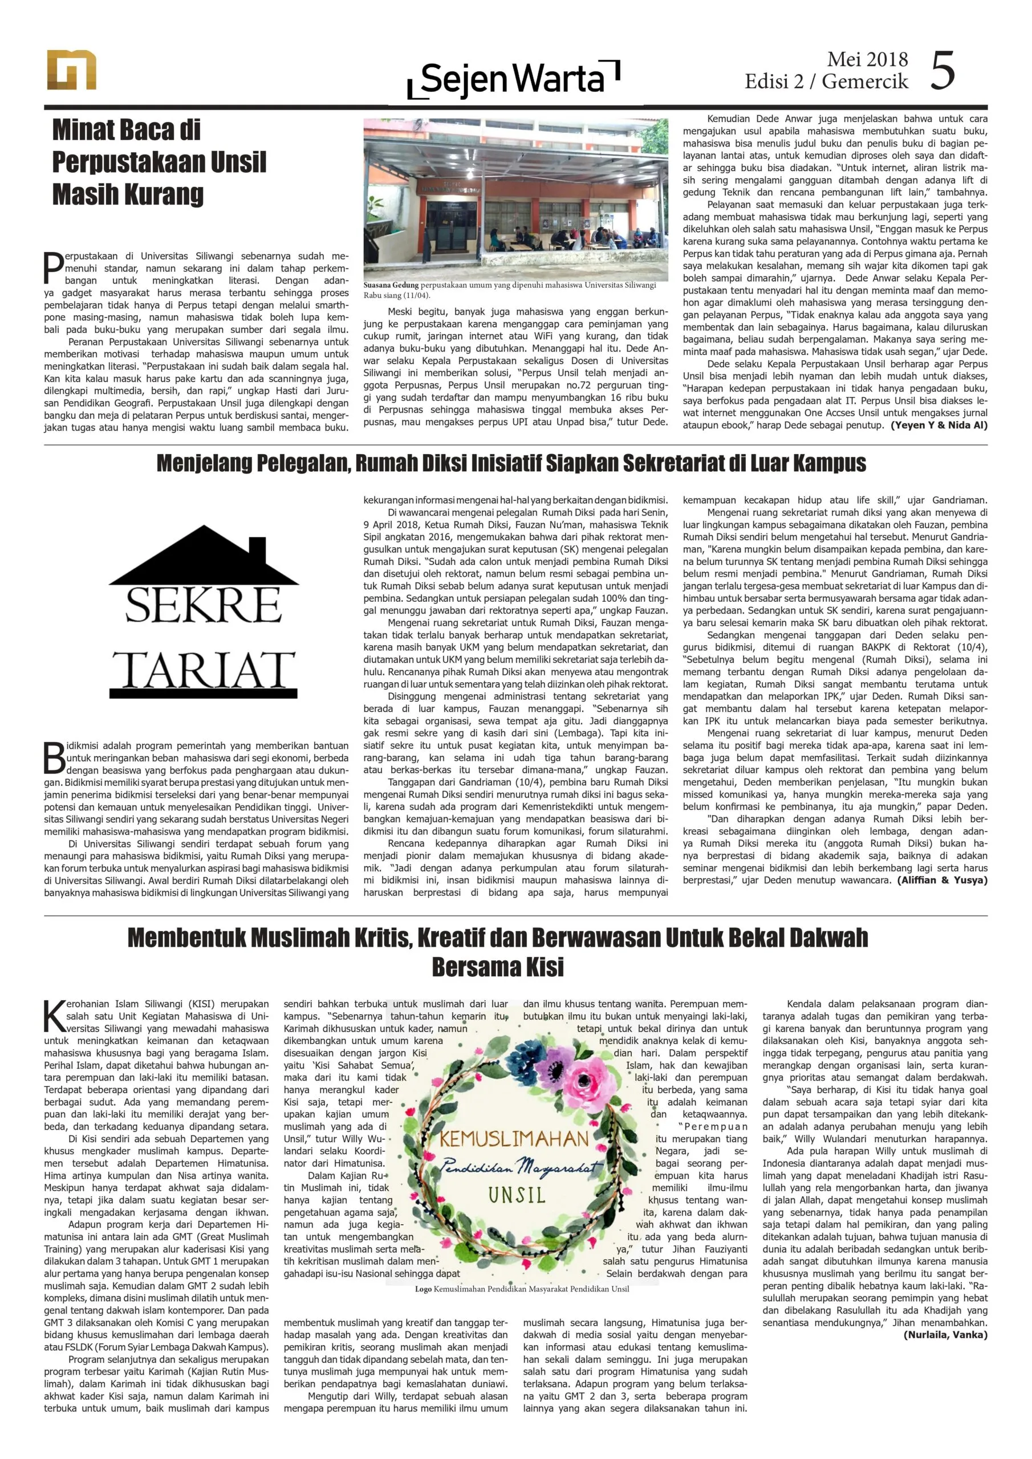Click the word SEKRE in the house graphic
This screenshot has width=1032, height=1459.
(x=203, y=606)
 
